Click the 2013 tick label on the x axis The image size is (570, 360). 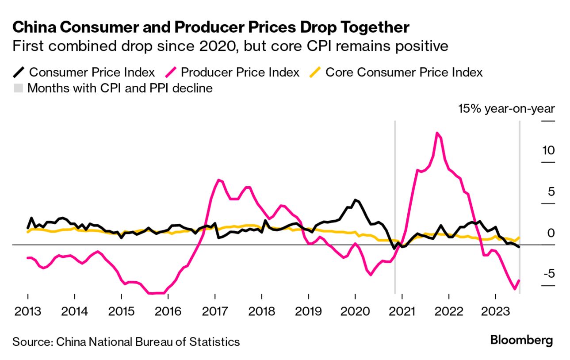pyautogui.click(x=27, y=311)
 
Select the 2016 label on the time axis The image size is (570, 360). pyautogui.click(x=168, y=311)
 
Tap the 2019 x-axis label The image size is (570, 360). pyautogui.click(x=308, y=311)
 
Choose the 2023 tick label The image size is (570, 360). pyautogui.click(x=495, y=311)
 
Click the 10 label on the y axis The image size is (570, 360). pyautogui.click(x=548, y=150)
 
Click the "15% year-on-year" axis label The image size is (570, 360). pyautogui.click(x=506, y=109)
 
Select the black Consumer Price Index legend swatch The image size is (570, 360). pyautogui.click(x=19, y=72)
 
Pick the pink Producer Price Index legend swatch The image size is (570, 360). pyautogui.click(x=171, y=72)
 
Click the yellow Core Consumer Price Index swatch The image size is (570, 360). pyautogui.click(x=315, y=72)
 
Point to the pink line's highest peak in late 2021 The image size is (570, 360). pyautogui.click(x=437, y=133)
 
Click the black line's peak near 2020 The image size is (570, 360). pyautogui.click(x=355, y=200)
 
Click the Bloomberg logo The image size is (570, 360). pyautogui.click(x=521, y=341)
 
